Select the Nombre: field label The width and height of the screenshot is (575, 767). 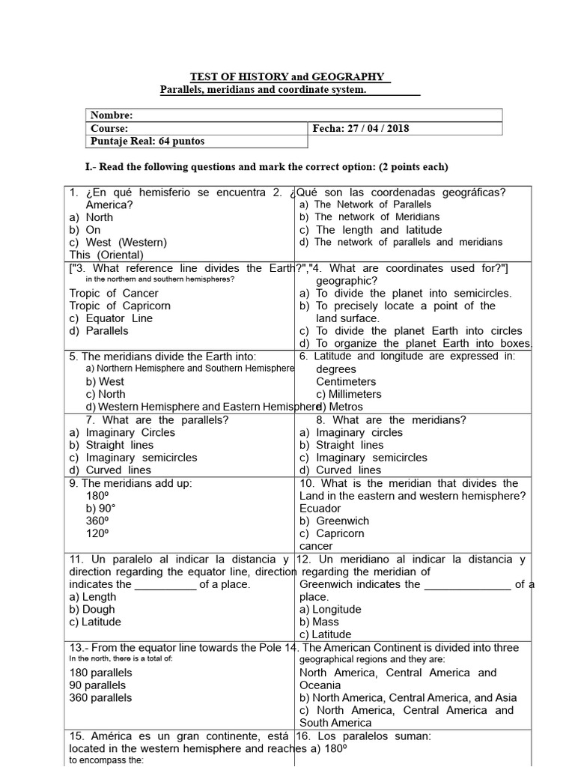point(112,115)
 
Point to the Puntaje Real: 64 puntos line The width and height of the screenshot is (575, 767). point(147,141)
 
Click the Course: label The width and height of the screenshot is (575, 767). point(109,128)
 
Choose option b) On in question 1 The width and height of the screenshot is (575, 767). point(85,230)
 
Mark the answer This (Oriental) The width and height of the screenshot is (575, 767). point(106,255)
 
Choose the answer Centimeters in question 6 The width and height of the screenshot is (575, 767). point(346,382)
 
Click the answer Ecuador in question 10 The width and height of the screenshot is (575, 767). point(320,509)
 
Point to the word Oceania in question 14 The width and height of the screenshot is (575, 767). point(320,685)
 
